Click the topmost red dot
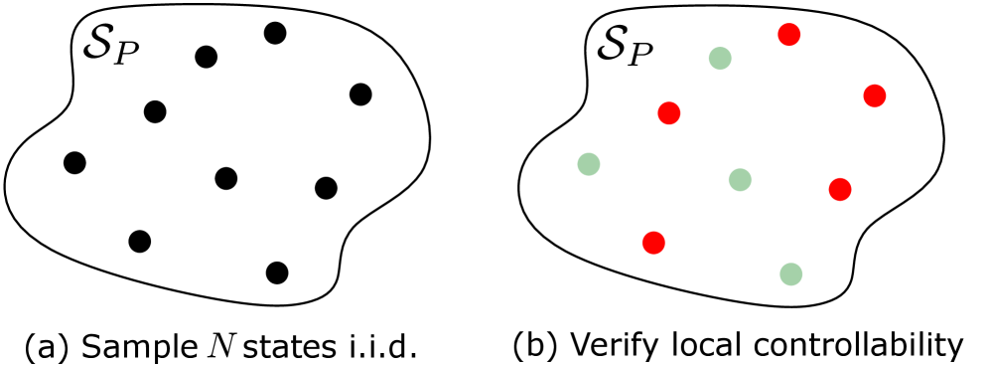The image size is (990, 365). [789, 35]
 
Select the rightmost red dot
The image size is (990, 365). [875, 96]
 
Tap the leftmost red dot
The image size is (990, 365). [653, 243]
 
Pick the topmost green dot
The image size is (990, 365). [720, 59]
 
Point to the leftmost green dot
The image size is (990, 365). [589, 164]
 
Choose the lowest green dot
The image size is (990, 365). [791, 274]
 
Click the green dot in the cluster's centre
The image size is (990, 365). [740, 180]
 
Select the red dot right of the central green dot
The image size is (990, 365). [840, 190]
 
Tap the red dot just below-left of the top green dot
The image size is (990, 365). [669, 113]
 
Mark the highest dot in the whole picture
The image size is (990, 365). [789, 35]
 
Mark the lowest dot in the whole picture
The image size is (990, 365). [791, 274]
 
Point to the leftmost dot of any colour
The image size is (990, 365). [589, 164]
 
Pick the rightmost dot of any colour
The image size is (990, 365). [875, 96]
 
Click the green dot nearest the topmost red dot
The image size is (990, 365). [720, 59]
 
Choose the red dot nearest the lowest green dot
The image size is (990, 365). [840, 190]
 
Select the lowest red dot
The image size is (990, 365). [653, 243]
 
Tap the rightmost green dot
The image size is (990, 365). [791, 274]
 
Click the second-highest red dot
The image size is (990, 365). [875, 96]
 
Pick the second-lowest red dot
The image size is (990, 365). [840, 190]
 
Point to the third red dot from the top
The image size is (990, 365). [669, 113]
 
